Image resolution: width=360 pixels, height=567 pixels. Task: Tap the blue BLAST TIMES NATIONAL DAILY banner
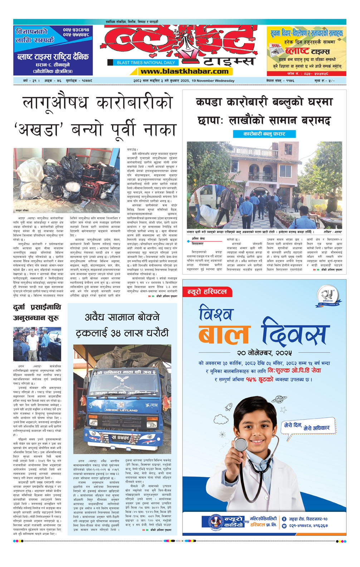coord(146,63)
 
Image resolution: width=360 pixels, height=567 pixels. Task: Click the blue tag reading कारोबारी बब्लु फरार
coord(264,134)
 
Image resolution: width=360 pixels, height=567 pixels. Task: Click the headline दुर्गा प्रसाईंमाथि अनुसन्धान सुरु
coord(37,312)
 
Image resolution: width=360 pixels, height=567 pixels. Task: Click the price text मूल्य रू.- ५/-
coord(325,81)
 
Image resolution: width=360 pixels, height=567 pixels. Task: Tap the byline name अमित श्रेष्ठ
coord(198,239)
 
